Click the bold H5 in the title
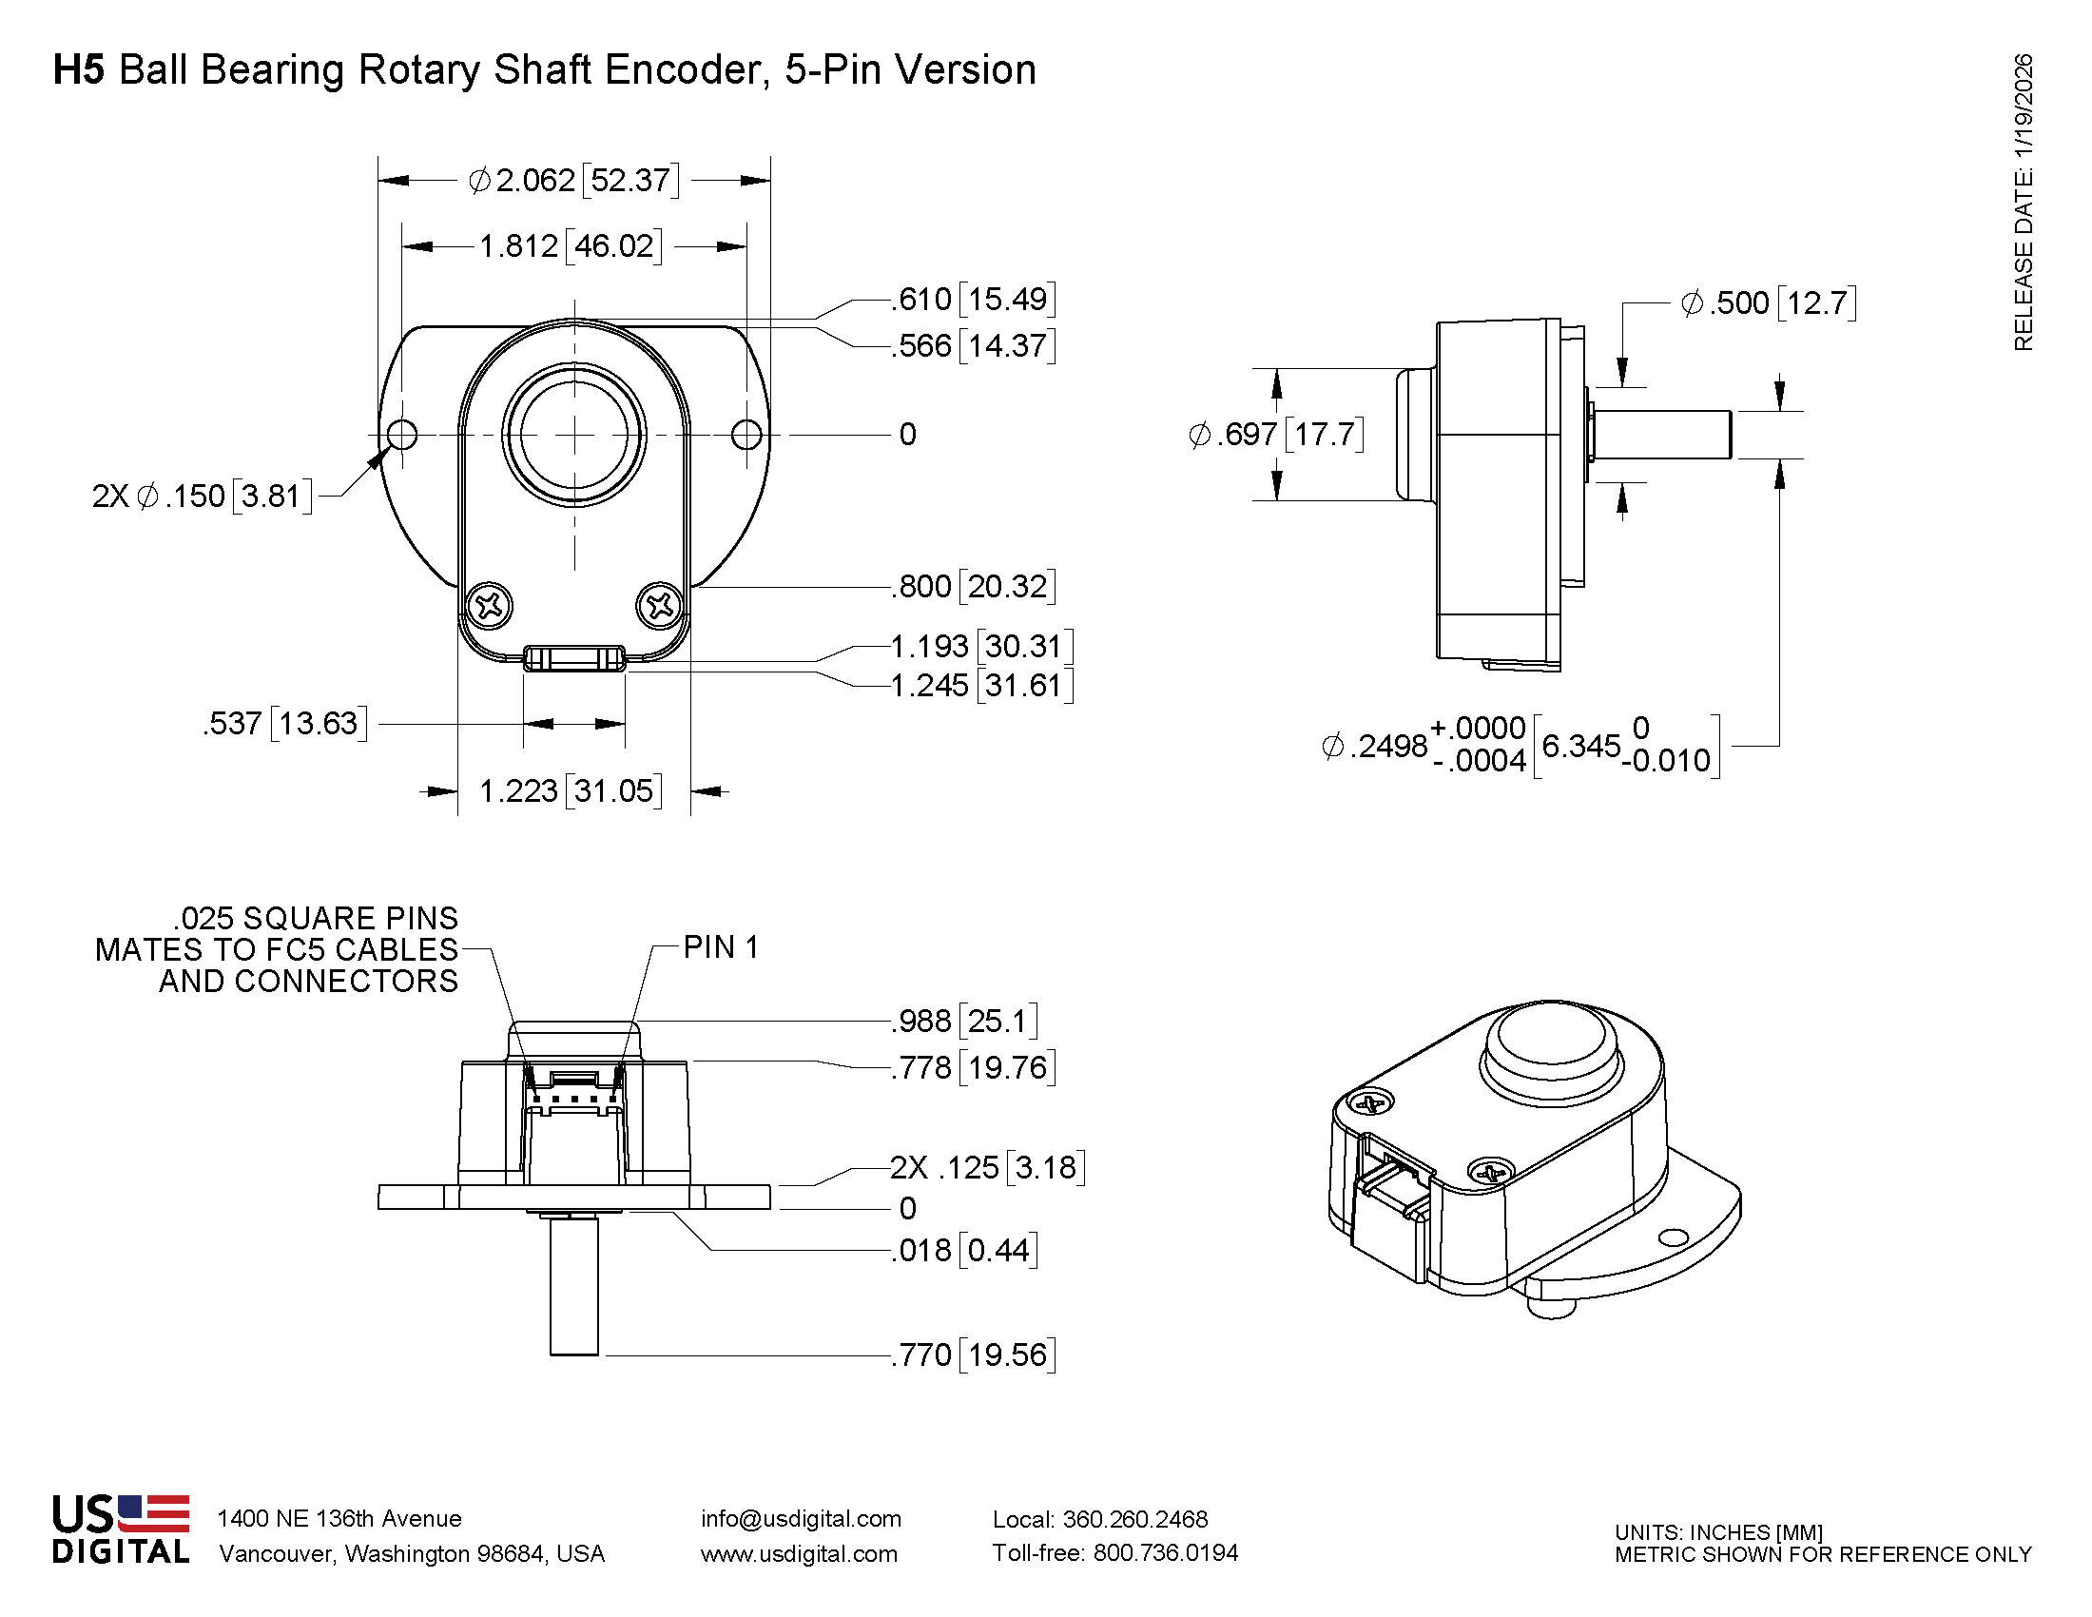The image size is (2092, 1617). [x=78, y=70]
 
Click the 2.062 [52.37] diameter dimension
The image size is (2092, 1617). [x=573, y=180]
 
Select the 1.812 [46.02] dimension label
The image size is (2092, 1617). [x=570, y=246]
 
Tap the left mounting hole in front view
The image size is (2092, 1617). [x=402, y=435]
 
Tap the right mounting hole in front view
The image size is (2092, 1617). [x=746, y=435]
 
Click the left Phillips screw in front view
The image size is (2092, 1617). [x=490, y=605]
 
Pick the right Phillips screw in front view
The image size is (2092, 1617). [x=659, y=605]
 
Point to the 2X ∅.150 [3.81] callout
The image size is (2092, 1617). [x=203, y=497]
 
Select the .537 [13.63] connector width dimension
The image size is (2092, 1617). [x=284, y=723]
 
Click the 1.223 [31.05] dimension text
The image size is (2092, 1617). [x=570, y=791]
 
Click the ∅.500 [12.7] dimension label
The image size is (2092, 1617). [x=1769, y=303]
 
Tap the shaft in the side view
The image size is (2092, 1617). [x=1662, y=435]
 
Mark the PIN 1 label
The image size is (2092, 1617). [x=721, y=947]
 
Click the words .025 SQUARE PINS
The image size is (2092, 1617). [x=316, y=918]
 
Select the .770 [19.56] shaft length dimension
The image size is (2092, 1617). [x=973, y=1355]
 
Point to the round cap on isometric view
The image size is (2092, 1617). [x=1552, y=1046]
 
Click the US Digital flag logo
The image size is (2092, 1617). [x=153, y=1514]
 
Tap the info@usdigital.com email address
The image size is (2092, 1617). [x=801, y=1519]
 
